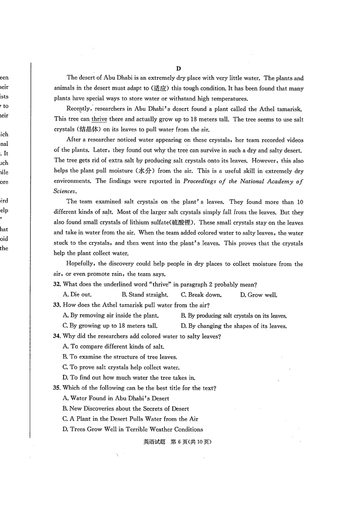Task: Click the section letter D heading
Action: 178,68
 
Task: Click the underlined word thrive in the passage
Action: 99,119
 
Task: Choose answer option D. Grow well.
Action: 258,295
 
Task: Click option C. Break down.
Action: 201,295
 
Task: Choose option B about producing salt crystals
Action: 234,316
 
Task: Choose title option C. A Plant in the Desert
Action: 130,419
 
